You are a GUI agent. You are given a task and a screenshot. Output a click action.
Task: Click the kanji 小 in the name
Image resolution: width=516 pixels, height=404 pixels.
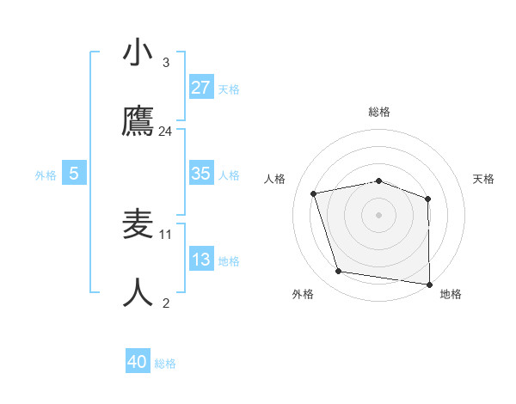tap(138, 52)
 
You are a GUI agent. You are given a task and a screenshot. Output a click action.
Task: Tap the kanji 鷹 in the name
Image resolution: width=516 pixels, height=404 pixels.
tap(138, 122)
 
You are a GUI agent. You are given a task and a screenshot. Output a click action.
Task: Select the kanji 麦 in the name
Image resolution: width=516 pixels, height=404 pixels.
tap(138, 224)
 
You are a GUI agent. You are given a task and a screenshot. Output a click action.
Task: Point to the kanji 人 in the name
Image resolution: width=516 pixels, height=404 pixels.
tap(138, 293)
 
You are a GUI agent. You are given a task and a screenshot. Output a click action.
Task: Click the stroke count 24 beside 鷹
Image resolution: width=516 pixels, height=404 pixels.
tap(166, 132)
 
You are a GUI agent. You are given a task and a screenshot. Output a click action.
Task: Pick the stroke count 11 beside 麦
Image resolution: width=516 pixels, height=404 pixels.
tap(166, 234)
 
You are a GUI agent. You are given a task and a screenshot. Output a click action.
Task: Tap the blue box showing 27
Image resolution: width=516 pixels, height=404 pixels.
tap(201, 88)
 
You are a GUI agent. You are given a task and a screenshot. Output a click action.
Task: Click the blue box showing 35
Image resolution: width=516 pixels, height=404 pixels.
tap(201, 174)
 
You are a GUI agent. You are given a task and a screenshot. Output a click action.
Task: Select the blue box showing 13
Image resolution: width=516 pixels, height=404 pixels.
tap(201, 260)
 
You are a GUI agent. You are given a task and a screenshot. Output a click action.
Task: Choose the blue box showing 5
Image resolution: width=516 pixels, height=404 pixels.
tap(74, 174)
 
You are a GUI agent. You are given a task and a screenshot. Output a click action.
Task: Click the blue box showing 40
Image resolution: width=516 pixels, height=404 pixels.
tap(138, 362)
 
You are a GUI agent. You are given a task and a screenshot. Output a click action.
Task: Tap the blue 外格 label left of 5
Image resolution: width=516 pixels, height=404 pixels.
tap(46, 174)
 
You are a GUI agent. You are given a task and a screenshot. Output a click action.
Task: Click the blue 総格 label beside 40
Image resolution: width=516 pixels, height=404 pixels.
tap(165, 364)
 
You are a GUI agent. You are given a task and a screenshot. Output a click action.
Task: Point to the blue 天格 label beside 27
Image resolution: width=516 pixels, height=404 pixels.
tap(229, 89)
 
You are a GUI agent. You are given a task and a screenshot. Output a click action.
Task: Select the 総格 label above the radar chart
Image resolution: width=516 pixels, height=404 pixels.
tap(379, 112)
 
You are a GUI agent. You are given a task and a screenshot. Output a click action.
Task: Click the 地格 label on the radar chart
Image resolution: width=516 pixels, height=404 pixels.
tap(451, 294)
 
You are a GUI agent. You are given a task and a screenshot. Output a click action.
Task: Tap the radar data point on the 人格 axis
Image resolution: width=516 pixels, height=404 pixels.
tap(314, 193)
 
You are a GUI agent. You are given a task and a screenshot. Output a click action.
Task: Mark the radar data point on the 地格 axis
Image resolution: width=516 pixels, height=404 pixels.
tap(429, 284)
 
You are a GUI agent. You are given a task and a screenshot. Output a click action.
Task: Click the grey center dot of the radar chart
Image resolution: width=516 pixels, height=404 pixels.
tap(379, 214)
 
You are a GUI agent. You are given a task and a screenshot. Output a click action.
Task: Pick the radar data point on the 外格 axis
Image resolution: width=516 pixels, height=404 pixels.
tap(339, 272)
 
